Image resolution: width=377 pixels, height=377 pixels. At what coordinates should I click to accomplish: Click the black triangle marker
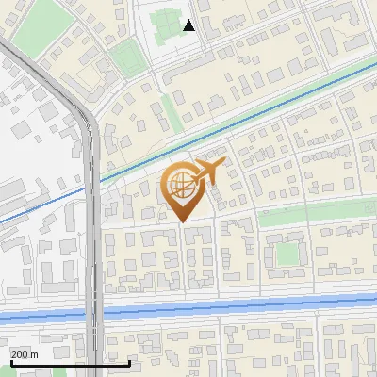click(x=189, y=25)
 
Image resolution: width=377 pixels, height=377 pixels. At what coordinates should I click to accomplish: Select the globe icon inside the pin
click(x=181, y=186)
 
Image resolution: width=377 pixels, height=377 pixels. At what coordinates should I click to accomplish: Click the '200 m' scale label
click(x=25, y=353)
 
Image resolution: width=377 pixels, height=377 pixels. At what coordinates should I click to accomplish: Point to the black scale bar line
click(x=70, y=362)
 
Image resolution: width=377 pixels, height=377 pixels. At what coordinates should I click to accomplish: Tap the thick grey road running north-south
click(x=91, y=236)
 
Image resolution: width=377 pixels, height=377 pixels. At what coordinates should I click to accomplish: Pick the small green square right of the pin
click(x=287, y=254)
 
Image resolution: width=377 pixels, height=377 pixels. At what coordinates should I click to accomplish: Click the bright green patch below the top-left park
click(x=127, y=61)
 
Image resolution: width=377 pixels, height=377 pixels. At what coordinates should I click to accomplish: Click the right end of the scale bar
click(x=130, y=362)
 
